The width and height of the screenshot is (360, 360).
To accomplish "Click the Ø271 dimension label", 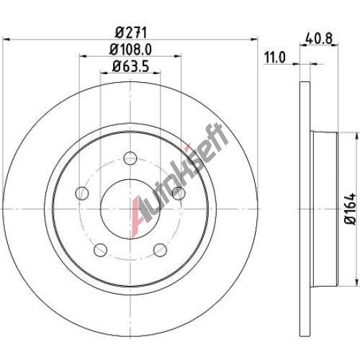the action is [x=130, y=32].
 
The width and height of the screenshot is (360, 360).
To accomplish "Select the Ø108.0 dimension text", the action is [x=130, y=50].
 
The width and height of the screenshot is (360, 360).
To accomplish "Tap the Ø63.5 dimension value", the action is [x=131, y=66].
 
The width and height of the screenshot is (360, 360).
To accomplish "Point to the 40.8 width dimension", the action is [x=319, y=38].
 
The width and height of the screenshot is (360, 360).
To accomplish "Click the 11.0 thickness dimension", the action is [x=275, y=58].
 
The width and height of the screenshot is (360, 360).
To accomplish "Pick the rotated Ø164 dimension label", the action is [x=349, y=209].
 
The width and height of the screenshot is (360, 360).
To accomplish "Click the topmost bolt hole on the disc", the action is [x=130, y=158].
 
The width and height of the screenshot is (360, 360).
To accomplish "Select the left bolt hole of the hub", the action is [x=82, y=193].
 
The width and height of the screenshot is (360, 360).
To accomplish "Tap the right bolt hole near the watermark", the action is [x=179, y=193].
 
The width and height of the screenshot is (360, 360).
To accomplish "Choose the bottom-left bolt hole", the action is [x=100, y=250].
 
